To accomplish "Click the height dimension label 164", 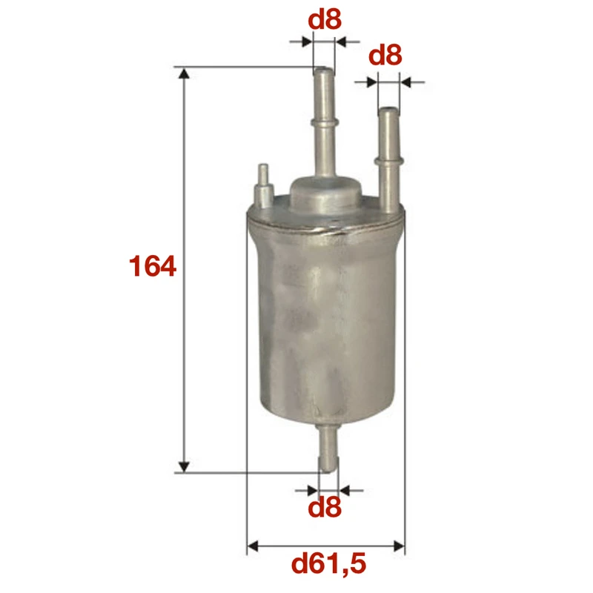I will pyautogui.click(x=153, y=266).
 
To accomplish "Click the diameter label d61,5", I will pyautogui.click(x=328, y=566).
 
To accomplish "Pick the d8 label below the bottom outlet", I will pyautogui.click(x=325, y=508).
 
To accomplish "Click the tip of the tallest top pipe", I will pyautogui.click(x=324, y=72).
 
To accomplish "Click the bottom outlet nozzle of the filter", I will pyautogui.click(x=327, y=449).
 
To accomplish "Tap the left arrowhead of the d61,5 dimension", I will pyautogui.click(x=251, y=547).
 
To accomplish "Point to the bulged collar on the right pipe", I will pyautogui.click(x=388, y=157).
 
